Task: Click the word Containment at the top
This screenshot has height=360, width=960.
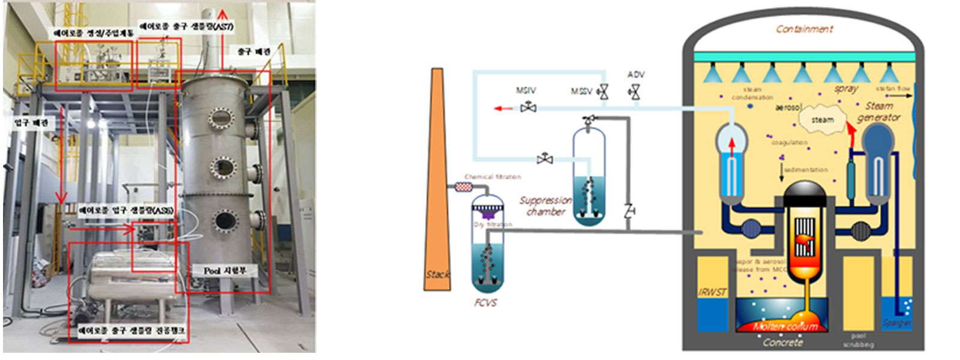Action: click(804, 29)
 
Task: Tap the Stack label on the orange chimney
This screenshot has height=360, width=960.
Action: click(437, 274)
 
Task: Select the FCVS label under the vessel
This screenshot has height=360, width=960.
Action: click(485, 302)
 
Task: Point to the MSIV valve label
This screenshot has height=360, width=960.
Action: click(526, 91)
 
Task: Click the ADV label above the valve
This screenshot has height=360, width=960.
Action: click(636, 74)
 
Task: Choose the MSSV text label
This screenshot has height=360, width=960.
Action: click(581, 91)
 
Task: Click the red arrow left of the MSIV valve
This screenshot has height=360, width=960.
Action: click(503, 109)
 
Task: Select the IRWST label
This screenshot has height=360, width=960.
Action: click(712, 292)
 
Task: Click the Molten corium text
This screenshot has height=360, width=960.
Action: click(785, 326)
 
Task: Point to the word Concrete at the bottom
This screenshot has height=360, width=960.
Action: click(783, 342)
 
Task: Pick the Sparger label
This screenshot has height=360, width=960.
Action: click(897, 323)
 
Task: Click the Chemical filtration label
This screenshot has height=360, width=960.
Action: click(493, 176)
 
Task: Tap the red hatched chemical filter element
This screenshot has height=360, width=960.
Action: click(463, 187)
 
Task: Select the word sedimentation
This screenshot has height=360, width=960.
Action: click(806, 170)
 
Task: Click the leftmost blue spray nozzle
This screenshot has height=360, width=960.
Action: click(712, 74)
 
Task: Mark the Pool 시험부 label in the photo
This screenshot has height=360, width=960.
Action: click(225, 271)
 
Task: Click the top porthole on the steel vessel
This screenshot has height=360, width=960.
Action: click(221, 118)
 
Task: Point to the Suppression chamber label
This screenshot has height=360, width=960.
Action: click(545, 206)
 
